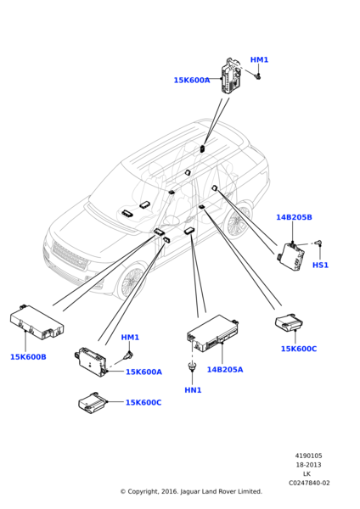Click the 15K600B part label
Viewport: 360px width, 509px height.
pos(28,357)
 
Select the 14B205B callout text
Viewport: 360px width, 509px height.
pos(294,217)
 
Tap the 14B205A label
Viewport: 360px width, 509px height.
pos(225,369)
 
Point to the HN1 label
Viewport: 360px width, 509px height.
pos(193,390)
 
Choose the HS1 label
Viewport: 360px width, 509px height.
pos(320,265)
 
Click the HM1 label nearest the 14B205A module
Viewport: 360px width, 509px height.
pos(130,338)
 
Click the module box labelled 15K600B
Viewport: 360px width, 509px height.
pos(37,322)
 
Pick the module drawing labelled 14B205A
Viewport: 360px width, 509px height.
pos(213,333)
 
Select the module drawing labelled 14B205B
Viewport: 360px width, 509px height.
pos(291,256)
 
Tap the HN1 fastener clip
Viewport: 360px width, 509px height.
pos(193,366)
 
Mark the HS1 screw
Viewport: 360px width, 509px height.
pos(319,243)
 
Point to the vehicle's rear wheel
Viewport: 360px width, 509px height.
pos(239,220)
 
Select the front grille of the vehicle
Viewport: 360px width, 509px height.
pos(70,255)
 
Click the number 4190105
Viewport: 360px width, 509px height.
pos(309,456)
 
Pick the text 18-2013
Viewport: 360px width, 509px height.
pos(308,465)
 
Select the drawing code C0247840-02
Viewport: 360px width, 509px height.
pos(309,483)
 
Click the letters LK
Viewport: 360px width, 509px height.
pos(307,474)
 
